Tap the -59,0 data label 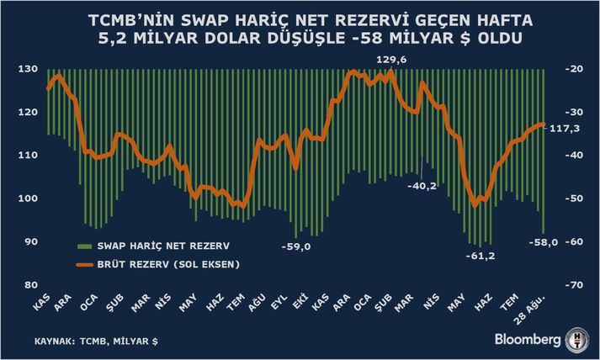pos(296,246)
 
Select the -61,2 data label pos(481,256)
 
